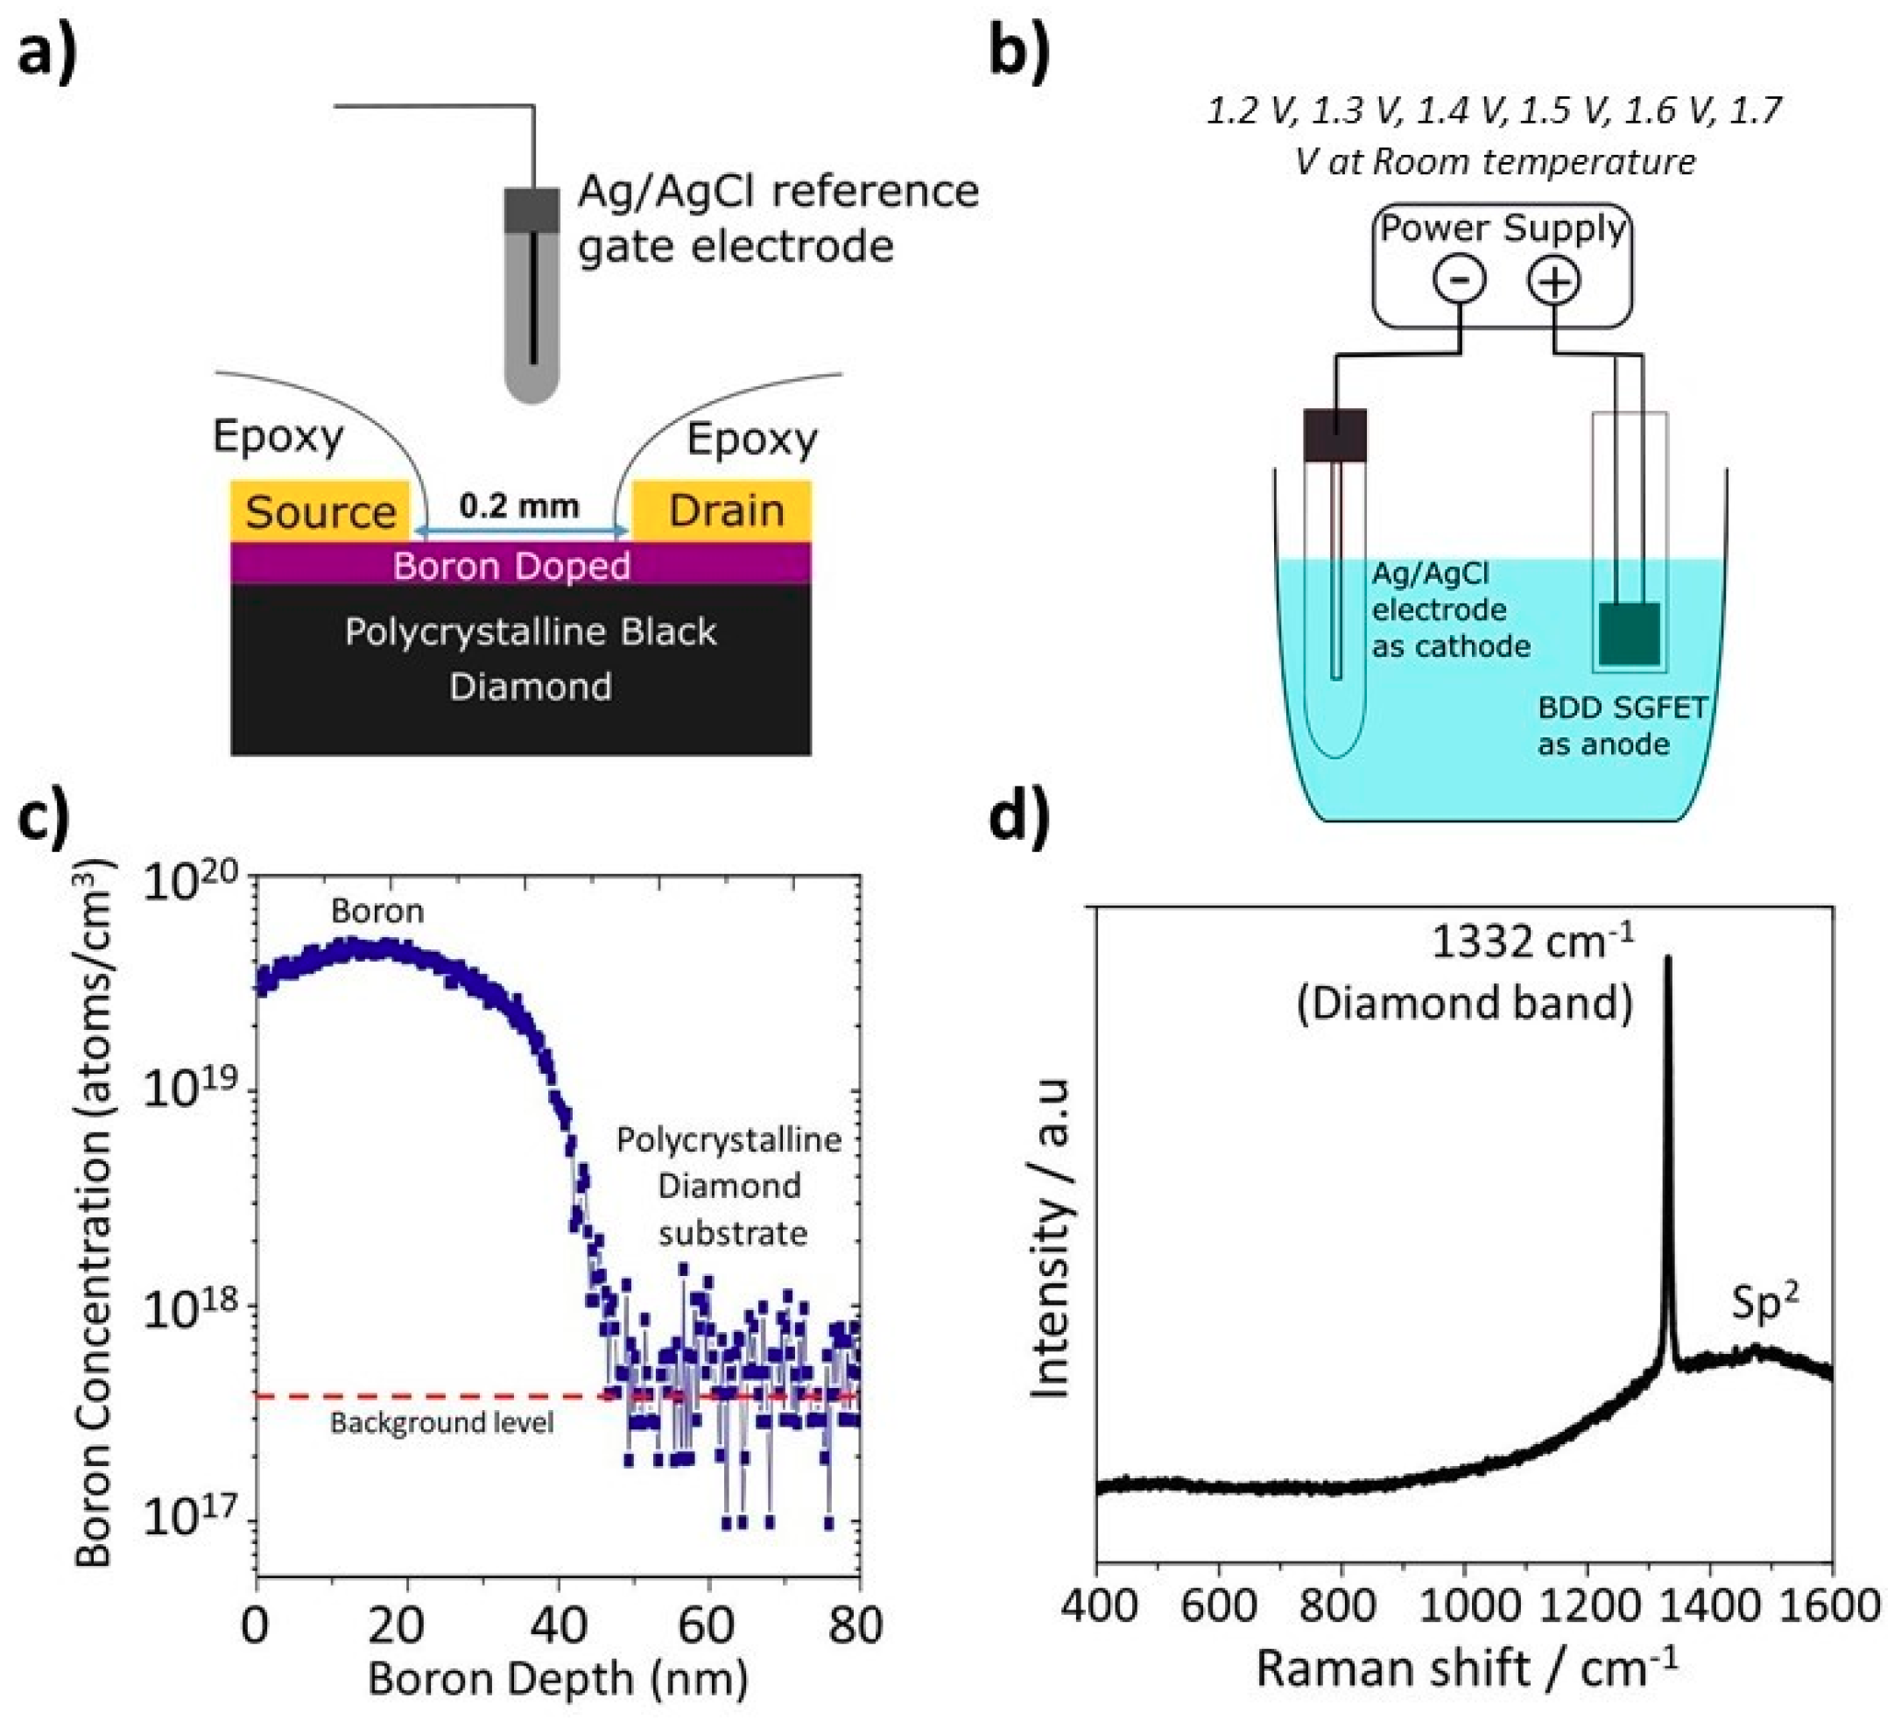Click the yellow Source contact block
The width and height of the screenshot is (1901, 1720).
click(x=320, y=511)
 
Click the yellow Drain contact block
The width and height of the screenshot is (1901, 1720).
click(x=722, y=511)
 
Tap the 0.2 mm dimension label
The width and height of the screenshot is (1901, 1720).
click(x=518, y=505)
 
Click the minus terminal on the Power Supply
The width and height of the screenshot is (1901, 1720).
click(x=1459, y=280)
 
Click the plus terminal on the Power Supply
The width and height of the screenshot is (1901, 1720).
click(x=1554, y=281)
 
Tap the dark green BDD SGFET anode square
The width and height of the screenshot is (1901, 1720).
click(x=1629, y=634)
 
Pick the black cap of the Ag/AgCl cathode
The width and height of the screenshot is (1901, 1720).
click(x=1334, y=434)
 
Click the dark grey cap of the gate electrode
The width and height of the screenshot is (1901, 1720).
click(x=532, y=210)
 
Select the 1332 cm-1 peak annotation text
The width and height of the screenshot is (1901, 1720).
click(x=1532, y=941)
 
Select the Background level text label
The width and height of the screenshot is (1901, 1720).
click(x=441, y=1422)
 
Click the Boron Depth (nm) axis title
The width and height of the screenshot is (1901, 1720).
click(x=559, y=1679)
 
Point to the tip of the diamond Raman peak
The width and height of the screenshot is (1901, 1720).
click(x=1668, y=958)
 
